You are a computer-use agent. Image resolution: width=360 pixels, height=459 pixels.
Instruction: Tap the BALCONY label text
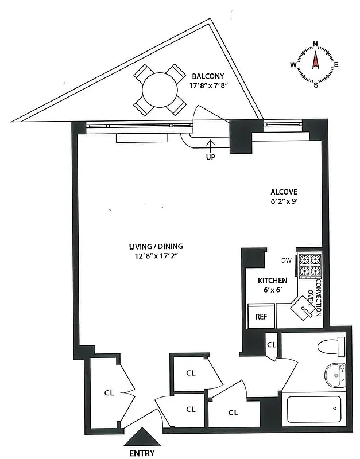pos(207,75)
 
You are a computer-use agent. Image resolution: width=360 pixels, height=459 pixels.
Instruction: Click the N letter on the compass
pos(315,44)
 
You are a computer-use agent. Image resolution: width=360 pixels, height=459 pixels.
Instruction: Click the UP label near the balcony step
pos(210,156)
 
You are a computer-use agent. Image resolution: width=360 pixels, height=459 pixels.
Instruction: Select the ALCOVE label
pos(284,192)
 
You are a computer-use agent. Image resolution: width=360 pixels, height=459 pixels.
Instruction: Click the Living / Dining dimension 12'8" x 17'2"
pos(152,256)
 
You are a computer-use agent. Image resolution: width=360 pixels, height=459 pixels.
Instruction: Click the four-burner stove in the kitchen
pos(309,265)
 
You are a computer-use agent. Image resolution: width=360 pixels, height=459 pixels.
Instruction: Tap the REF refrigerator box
pos(261,316)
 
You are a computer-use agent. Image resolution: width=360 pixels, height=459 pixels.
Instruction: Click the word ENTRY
pos(141,453)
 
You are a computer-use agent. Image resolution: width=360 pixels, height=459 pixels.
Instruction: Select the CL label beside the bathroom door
pos(272,345)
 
